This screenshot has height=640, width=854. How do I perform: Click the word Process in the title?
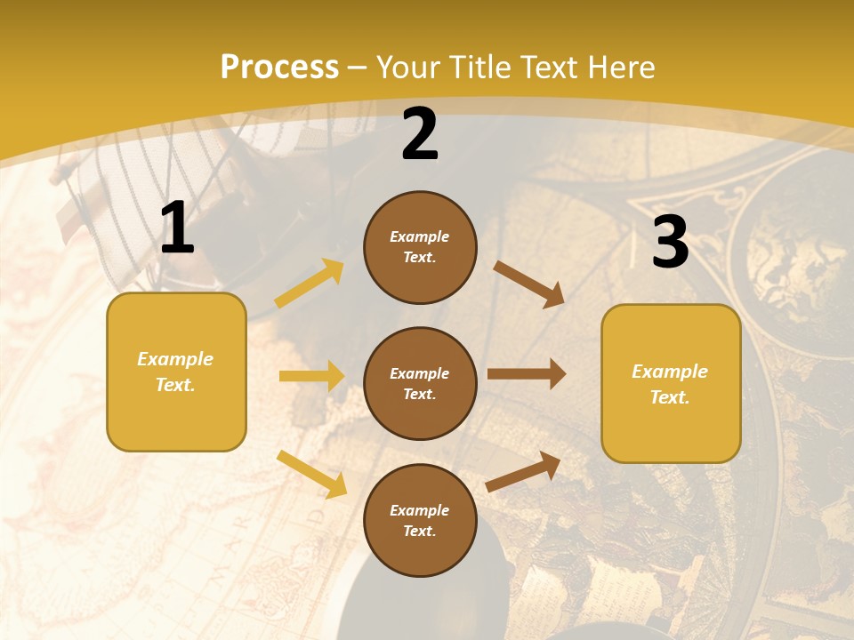pos(279,68)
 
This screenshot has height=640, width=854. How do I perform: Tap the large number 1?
pos(177,228)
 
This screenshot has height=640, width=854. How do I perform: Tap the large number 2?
pos(420,135)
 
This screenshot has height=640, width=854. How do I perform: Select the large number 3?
pos(670,242)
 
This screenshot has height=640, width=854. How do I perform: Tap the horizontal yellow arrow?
pos(311,376)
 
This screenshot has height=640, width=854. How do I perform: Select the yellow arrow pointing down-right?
pos(312,474)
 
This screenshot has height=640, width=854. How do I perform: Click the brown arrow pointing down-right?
pos(529,284)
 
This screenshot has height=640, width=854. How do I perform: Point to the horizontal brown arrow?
pos(527,373)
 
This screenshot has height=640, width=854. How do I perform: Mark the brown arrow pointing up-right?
pos(524,471)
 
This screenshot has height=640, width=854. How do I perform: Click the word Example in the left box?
pos(175,359)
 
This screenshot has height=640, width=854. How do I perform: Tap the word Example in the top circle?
pos(420,236)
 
